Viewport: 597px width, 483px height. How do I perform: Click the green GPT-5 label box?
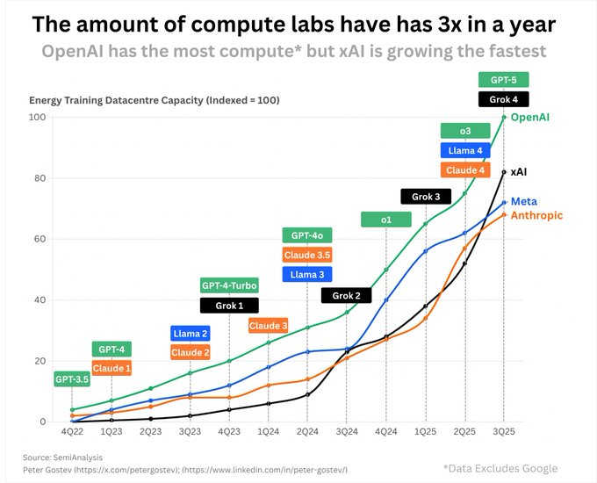click(503, 79)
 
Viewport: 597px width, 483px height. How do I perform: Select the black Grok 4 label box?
click(503, 99)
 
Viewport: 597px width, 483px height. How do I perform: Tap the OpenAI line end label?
click(530, 117)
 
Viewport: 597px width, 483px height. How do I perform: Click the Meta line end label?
click(524, 201)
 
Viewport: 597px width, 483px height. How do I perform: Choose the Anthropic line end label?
click(536, 215)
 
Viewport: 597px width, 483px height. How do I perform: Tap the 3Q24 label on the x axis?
click(347, 431)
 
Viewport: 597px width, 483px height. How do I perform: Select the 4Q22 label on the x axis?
click(72, 431)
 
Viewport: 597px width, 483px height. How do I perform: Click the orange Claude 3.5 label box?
click(307, 255)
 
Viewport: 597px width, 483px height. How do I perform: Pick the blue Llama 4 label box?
click(465, 150)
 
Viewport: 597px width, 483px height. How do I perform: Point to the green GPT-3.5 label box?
click(72, 379)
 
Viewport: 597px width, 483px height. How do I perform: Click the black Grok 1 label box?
click(229, 306)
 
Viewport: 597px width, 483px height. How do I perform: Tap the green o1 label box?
click(385, 220)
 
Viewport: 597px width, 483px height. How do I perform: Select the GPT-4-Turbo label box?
click(229, 285)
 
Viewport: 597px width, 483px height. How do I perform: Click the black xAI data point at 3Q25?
click(504, 172)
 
